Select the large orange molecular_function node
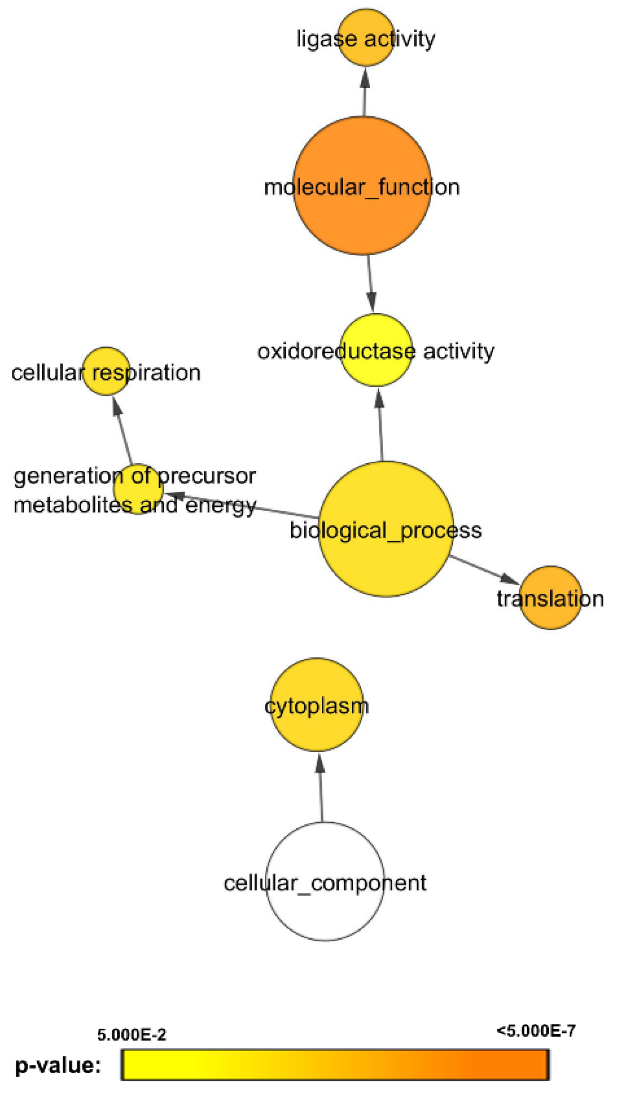[362, 186]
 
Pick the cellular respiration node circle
[106, 371]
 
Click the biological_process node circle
[385, 529]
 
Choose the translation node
[551, 598]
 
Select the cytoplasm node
[317, 704]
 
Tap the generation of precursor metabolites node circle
[138, 489]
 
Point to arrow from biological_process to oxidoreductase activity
[380, 425]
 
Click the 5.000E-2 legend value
[131, 1034]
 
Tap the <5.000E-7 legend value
[536, 1030]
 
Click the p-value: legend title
[58, 1065]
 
